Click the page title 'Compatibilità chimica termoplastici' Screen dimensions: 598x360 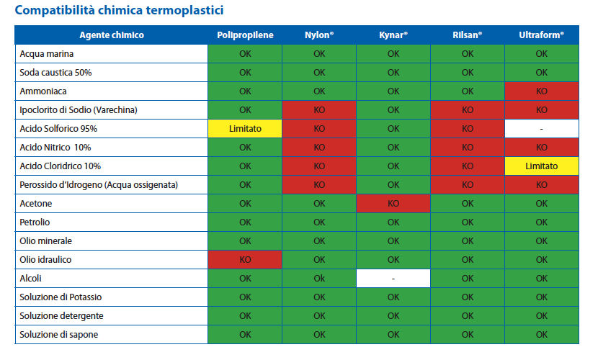[x=119, y=10]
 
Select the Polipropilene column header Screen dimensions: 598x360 [x=245, y=35]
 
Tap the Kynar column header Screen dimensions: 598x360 [x=393, y=35]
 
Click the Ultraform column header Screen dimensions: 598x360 [x=542, y=35]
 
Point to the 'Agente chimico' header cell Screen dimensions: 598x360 [x=112, y=35]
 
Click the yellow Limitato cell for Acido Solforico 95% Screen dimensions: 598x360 [x=245, y=129]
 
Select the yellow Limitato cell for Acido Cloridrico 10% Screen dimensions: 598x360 [x=542, y=166]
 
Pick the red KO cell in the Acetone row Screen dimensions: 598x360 [x=393, y=204]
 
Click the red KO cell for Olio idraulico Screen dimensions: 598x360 [x=245, y=259]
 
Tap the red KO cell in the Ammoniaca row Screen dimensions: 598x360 [x=542, y=91]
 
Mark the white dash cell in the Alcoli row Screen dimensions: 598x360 [x=393, y=279]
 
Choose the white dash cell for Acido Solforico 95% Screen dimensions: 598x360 [x=542, y=129]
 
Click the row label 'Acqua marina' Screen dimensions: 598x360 [x=47, y=54]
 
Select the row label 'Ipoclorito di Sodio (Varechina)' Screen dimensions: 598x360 [x=79, y=110]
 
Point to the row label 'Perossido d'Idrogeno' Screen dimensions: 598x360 [x=99, y=185]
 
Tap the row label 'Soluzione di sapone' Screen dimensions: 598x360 [x=59, y=335]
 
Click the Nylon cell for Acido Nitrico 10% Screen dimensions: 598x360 [x=319, y=148]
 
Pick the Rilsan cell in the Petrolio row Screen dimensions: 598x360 [x=468, y=222]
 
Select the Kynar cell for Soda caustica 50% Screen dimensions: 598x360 [x=393, y=73]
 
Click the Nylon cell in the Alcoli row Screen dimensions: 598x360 [x=319, y=279]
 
